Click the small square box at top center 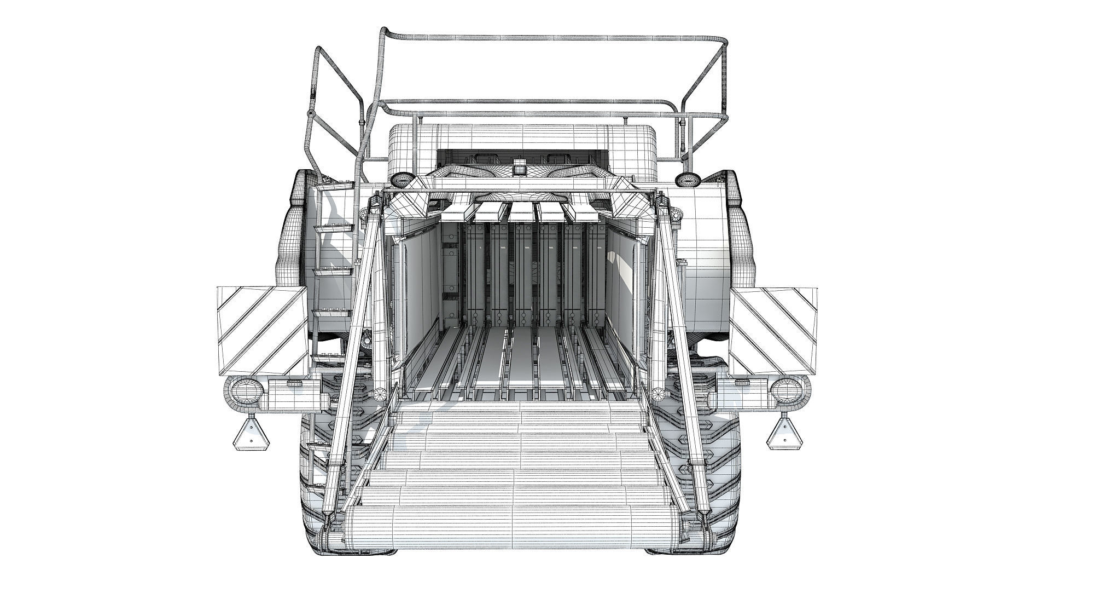(519, 167)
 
